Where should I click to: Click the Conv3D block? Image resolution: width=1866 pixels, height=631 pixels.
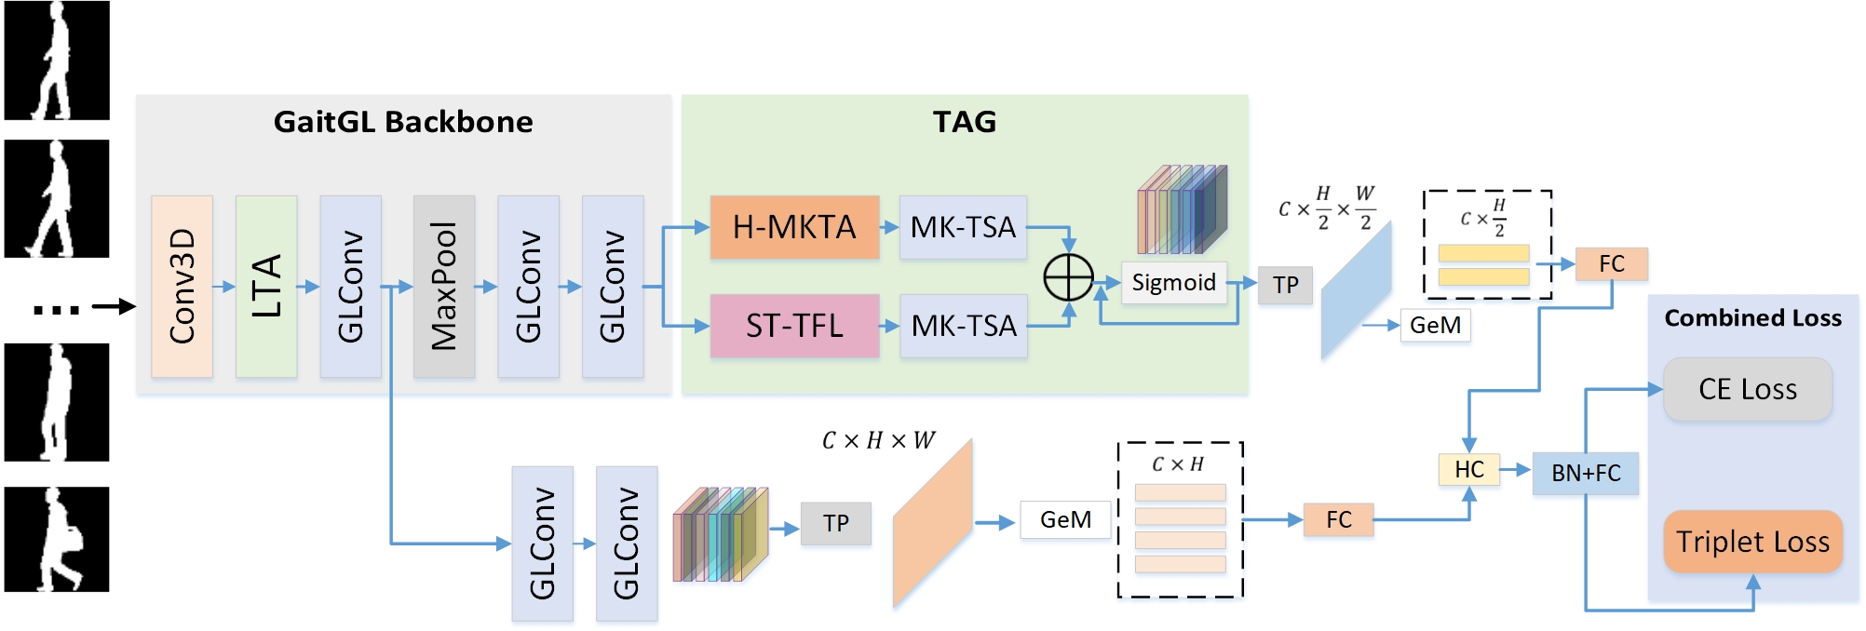182,286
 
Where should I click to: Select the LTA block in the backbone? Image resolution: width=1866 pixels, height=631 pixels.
266,286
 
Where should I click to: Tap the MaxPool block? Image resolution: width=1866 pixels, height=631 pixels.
444,286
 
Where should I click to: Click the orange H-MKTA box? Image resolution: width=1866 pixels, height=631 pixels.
794,227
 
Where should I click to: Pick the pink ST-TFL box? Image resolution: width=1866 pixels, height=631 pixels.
794,326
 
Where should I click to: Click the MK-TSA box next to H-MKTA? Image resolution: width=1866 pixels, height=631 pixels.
963,227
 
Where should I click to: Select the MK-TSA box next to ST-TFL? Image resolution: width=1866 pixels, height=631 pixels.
964,326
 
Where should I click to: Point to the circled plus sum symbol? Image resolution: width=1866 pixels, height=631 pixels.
1068,277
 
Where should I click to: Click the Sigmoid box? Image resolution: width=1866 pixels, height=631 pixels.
1173,282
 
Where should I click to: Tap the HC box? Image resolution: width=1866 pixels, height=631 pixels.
1468,469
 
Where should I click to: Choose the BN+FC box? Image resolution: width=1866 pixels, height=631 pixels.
1585,473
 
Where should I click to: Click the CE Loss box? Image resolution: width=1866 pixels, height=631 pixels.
1748,389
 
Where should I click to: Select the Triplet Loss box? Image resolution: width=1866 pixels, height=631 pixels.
1752,542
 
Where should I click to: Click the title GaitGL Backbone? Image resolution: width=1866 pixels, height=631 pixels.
403,122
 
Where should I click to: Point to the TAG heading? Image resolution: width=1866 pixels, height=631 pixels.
965,122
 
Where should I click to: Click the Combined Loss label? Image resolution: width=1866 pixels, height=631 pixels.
1752,318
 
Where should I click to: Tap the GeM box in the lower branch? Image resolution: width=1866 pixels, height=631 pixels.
1065,519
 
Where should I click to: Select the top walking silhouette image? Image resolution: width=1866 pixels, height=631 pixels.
57,60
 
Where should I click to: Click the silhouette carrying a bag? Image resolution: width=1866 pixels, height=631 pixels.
57,540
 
